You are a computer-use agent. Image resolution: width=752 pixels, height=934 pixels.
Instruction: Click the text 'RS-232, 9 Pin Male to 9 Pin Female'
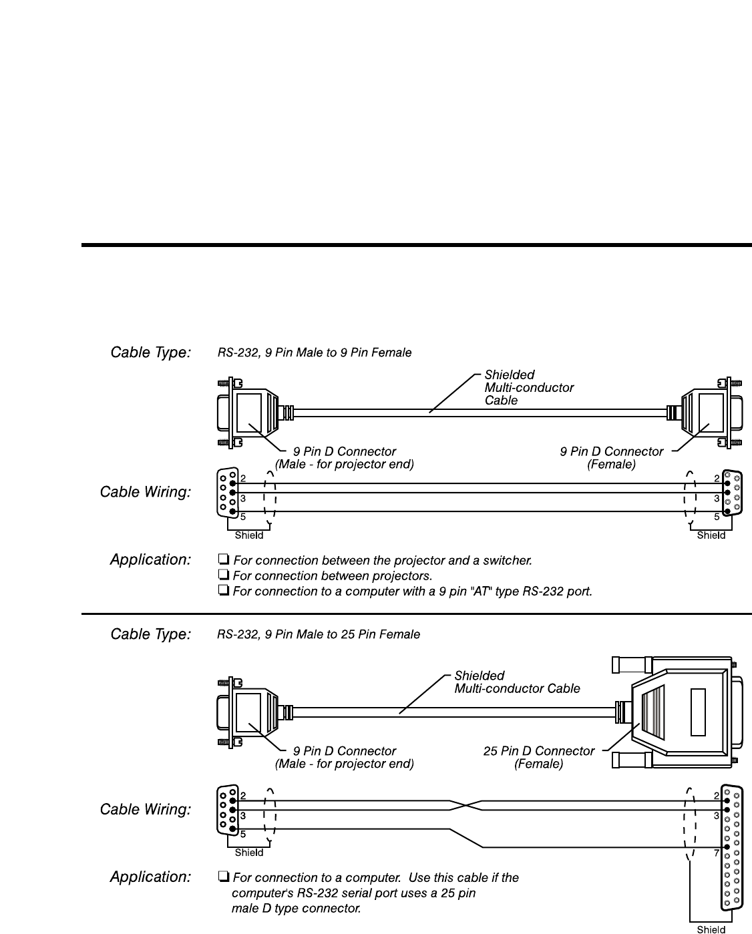coord(315,353)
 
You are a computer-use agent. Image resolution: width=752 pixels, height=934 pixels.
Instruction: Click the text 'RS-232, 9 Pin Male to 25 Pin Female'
coord(319,634)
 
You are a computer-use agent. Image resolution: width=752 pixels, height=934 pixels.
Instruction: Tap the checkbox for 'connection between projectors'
coord(224,575)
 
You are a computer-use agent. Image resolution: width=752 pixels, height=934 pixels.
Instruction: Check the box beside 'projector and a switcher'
coord(224,560)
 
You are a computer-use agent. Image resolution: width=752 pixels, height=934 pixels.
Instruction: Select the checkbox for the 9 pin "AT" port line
coord(224,591)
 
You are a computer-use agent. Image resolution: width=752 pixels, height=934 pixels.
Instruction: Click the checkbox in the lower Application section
coord(224,877)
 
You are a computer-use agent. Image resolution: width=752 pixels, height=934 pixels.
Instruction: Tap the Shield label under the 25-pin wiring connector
coord(711,929)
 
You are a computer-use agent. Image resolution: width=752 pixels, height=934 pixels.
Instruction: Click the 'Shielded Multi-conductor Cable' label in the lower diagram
coord(517,682)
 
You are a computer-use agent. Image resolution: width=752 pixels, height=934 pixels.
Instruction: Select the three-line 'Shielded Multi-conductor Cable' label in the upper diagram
coord(528,387)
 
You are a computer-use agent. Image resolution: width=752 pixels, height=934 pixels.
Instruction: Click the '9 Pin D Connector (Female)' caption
coord(611,458)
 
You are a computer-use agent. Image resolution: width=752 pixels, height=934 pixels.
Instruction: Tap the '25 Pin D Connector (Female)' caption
coord(538,757)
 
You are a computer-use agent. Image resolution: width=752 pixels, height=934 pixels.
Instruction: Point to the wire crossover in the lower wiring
coord(465,805)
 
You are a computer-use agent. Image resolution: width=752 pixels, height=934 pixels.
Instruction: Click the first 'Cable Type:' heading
coord(151,353)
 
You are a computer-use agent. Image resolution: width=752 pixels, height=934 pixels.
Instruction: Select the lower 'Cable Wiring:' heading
coord(146,810)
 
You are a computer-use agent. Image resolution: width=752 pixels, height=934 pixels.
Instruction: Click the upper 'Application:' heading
coord(151,559)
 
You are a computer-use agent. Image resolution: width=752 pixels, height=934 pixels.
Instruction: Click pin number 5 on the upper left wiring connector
coord(243,517)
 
